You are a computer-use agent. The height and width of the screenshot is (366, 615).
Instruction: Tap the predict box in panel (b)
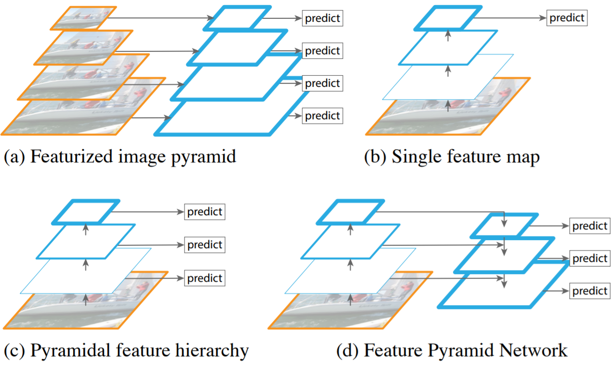(567, 18)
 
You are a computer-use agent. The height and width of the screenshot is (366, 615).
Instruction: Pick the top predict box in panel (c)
(205, 212)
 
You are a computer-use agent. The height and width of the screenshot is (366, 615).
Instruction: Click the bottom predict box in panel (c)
(205, 278)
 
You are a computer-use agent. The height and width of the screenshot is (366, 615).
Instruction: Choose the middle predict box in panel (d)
(590, 258)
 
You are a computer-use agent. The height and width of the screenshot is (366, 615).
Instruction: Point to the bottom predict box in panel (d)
(590, 291)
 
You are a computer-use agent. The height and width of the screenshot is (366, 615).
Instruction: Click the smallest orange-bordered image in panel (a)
(83, 17)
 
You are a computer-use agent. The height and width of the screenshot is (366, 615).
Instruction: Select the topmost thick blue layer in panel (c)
(86, 212)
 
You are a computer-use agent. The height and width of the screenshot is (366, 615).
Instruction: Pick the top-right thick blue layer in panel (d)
(503, 225)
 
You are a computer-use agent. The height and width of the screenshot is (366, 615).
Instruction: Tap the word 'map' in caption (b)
(522, 157)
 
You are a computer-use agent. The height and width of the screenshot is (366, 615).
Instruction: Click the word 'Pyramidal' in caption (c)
(67, 350)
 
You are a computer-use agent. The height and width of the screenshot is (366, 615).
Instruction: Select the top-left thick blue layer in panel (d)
(350, 212)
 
